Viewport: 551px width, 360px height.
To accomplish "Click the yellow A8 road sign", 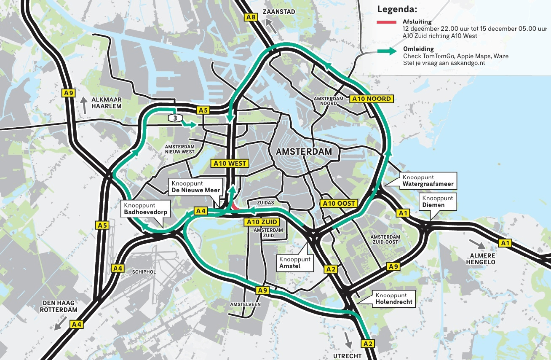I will click(x=251, y=17).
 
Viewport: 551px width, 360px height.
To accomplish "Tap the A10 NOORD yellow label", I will click(x=371, y=99).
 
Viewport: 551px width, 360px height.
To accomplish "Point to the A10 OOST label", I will click(x=339, y=203).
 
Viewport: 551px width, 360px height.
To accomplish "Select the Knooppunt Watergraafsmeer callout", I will click(x=428, y=181).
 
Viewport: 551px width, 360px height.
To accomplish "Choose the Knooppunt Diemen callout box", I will click(x=437, y=202).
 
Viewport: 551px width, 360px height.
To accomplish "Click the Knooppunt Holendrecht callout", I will click(x=394, y=299).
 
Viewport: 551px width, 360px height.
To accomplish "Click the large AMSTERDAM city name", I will click(x=303, y=151).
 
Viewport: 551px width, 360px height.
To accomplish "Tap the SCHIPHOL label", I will click(x=144, y=272).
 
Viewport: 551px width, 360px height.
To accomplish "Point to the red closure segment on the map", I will click(x=235, y=206).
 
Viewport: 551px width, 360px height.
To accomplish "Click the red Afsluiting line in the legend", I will click(x=386, y=22).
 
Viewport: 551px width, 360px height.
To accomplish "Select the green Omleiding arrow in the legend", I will click(x=386, y=51).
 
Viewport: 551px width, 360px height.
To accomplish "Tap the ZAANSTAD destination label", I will click(x=278, y=12).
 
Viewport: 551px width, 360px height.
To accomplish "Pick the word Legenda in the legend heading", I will click(x=397, y=9).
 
